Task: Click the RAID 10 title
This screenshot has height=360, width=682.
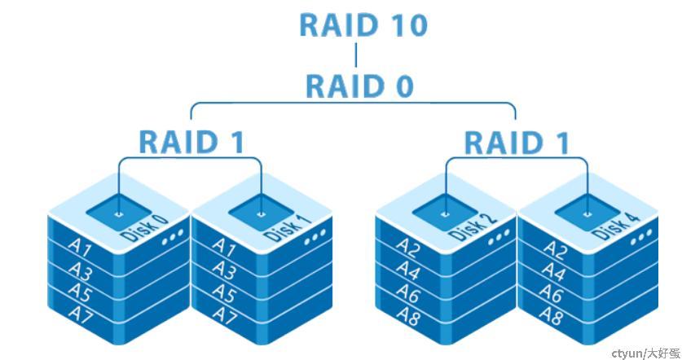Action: click(363, 24)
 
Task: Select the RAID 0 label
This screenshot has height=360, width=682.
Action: click(359, 86)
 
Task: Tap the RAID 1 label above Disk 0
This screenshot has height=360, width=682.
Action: click(191, 141)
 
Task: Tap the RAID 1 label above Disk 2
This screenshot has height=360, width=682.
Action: click(517, 143)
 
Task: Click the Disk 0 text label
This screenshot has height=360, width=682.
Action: click(145, 229)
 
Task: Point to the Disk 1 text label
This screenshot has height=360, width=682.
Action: click(288, 228)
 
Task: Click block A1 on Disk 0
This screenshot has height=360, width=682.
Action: click(79, 245)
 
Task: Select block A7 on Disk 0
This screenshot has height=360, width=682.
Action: click(81, 313)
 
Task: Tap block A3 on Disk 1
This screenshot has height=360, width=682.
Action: click(224, 270)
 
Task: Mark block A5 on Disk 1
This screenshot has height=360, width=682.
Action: click(225, 292)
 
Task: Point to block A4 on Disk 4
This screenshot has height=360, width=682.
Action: click(554, 271)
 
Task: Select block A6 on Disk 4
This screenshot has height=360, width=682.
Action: click(553, 293)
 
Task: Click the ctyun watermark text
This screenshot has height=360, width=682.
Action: click(645, 353)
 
